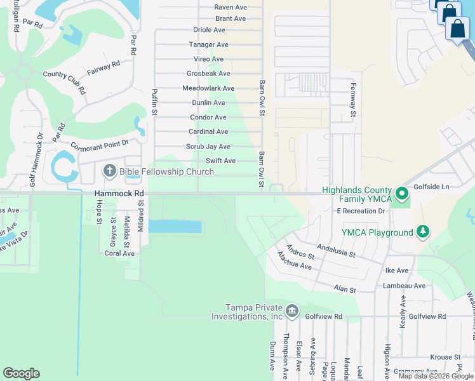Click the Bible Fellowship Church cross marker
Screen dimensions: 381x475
pos(109,171)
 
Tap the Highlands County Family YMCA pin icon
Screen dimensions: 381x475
pos(401,192)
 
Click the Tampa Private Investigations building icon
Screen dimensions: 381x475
pos(291,311)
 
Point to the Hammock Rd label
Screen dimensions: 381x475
pos(119,193)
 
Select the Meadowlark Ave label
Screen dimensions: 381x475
pos(208,88)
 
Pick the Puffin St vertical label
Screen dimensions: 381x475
pos(154,102)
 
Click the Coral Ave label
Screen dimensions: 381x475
pos(119,253)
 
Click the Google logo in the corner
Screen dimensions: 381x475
pos(21,373)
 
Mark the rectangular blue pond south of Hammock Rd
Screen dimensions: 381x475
pos(175,227)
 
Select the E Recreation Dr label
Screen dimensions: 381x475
pos(361,210)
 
